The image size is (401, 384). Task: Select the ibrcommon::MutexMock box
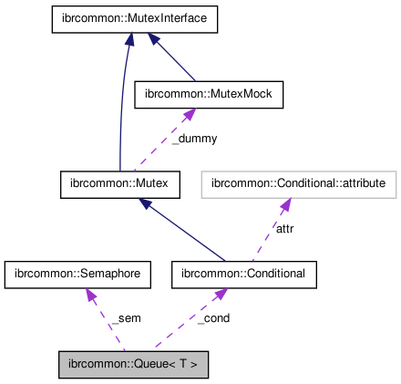coord(209,92)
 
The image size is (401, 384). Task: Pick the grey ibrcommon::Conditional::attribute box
coord(298,183)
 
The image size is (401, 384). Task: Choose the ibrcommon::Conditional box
coord(244,274)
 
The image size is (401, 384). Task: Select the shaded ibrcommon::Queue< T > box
coord(133,365)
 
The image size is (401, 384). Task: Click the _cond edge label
coord(212,318)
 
